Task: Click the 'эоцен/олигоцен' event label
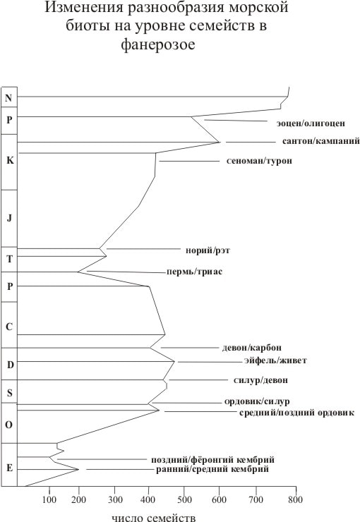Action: point(311,123)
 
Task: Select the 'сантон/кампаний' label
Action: point(321,141)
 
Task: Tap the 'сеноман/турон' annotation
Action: point(259,161)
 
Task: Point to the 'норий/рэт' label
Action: point(208,250)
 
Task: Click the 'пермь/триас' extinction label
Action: point(194,272)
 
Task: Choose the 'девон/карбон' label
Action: point(252,348)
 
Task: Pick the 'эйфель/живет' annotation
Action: point(275,360)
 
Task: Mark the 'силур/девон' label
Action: point(260,380)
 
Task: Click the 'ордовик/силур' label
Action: point(257,401)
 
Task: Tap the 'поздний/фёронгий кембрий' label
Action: point(212,460)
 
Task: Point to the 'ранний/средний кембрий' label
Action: point(212,469)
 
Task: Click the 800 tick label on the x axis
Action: point(295,499)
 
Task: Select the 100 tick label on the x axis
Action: point(49,499)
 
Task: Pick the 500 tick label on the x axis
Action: point(184,499)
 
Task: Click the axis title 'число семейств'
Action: point(153,518)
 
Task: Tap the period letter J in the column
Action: point(9,218)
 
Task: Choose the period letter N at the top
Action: point(8,98)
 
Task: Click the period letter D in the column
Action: point(11,365)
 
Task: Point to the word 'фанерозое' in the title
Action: point(158,44)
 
